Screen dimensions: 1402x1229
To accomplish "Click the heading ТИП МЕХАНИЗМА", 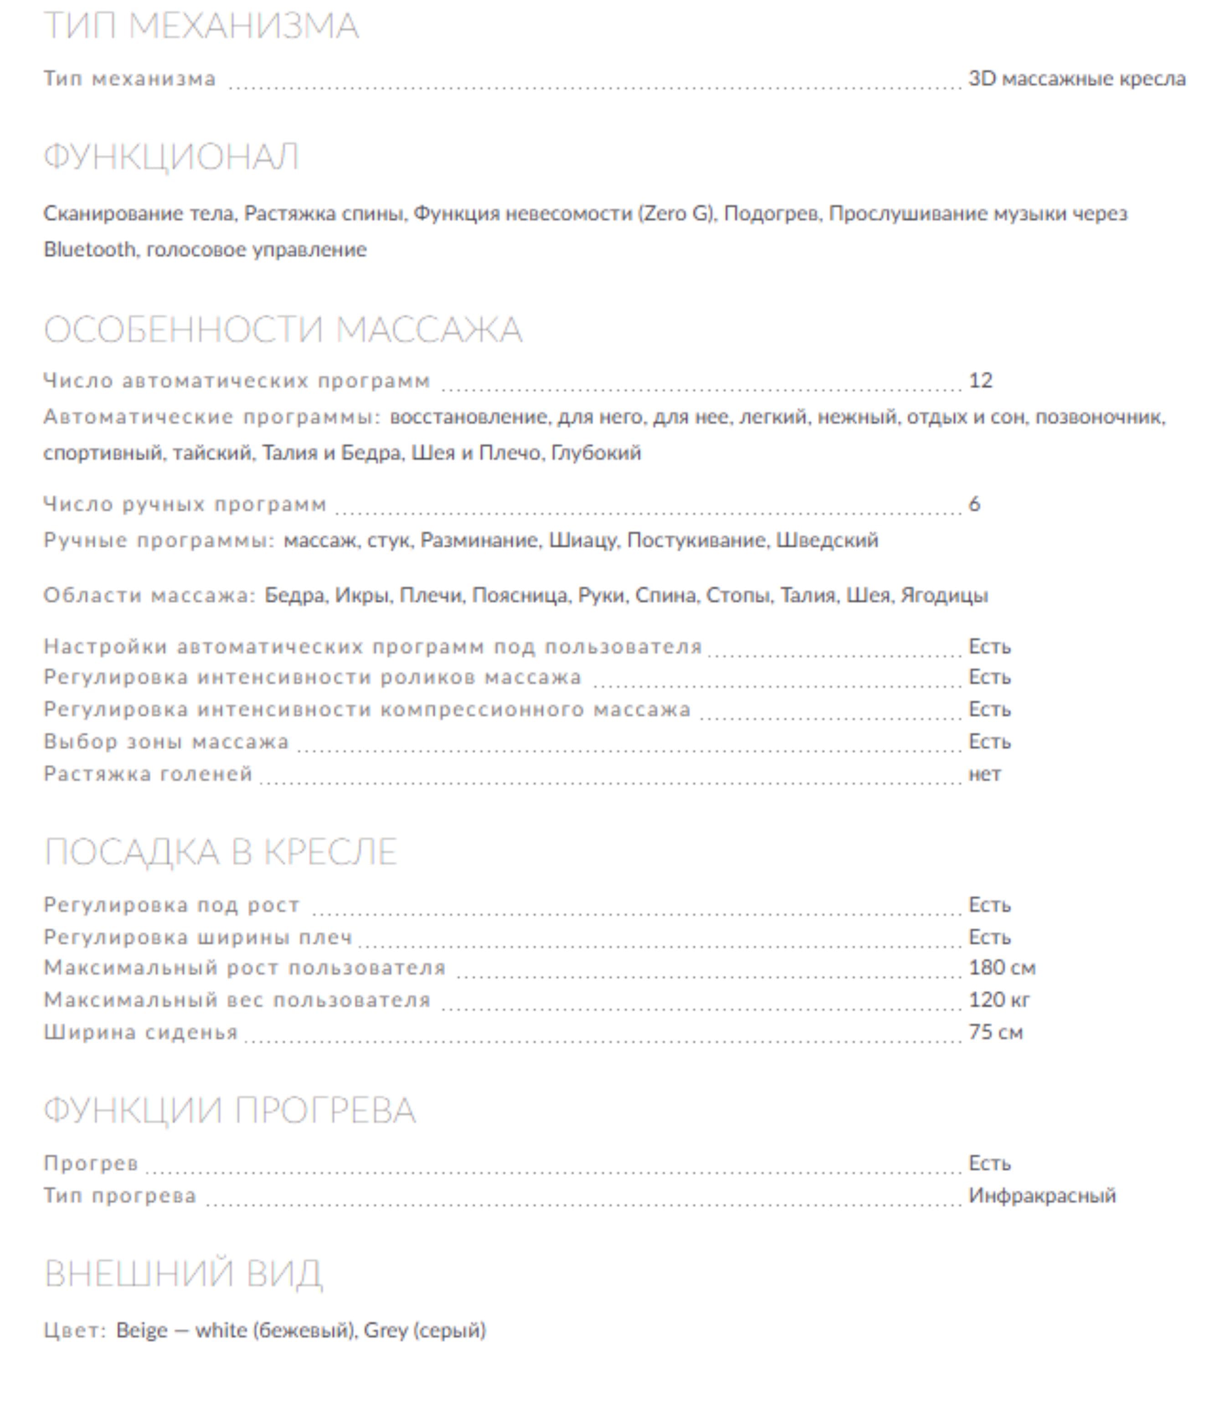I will tap(201, 26).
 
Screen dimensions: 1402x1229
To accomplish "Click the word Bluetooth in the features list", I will tap(90, 250).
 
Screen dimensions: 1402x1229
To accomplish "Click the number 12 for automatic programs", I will tap(980, 381).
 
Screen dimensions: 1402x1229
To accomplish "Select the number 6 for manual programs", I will tap(974, 504).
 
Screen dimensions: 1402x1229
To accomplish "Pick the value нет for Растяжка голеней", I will tap(984, 774).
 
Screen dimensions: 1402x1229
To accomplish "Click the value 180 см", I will tap(1001, 968).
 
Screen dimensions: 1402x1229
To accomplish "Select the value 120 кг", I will tap(998, 1000).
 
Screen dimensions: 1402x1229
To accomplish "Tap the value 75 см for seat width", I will tap(995, 1032).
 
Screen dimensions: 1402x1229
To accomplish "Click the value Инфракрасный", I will tap(1042, 1196).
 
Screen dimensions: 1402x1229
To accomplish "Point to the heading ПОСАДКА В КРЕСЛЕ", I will tap(221, 852).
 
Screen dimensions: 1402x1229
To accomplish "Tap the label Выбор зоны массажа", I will tap(166, 742).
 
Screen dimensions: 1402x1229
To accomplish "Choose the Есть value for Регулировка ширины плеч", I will tap(989, 937).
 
